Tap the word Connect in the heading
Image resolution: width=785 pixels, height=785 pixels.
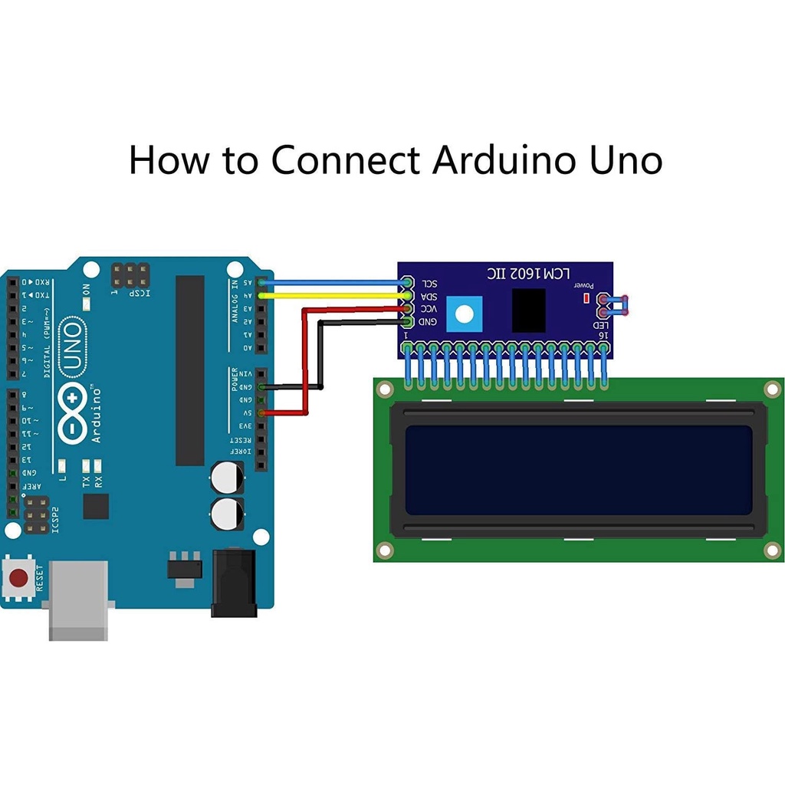[x=345, y=161]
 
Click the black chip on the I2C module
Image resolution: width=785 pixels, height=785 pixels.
[x=528, y=310]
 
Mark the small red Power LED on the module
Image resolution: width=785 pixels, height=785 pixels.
[x=586, y=297]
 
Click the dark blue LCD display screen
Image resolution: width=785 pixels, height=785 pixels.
[x=579, y=470]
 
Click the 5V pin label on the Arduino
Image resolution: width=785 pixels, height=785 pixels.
[x=246, y=412]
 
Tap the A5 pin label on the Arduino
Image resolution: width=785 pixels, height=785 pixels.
[x=247, y=283]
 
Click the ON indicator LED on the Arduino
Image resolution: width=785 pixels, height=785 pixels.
[x=87, y=304]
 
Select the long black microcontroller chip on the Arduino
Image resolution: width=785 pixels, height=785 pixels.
[x=190, y=370]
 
